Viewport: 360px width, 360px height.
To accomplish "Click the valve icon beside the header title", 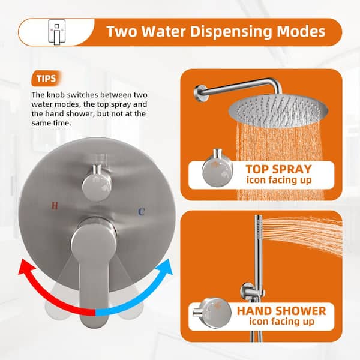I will coord(56,31).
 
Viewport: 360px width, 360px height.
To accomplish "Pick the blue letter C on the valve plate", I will coord(141,212).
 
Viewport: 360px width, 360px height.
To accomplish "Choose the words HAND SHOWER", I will coord(281,311).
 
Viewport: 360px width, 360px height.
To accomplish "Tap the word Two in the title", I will coord(124,31).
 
